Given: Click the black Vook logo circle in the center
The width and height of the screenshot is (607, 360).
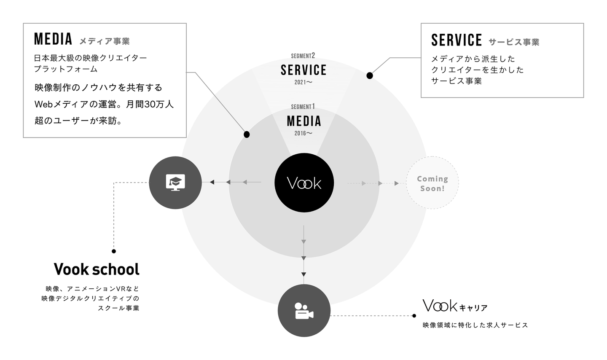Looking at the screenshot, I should tap(304, 183).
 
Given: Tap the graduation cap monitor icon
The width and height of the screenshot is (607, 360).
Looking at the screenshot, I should tap(175, 183).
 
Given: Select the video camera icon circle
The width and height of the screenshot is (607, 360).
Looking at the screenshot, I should tap(304, 311).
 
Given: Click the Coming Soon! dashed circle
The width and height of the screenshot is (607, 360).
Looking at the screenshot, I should tap(432, 183).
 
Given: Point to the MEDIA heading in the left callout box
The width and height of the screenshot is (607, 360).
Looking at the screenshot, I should tap(53, 39).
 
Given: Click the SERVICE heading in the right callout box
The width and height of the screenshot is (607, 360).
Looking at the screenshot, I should tap(457, 40).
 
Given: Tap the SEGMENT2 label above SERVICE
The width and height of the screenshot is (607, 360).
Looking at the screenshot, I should tap(303, 56).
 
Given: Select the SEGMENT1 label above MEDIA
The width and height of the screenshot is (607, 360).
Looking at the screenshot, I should tap(303, 107).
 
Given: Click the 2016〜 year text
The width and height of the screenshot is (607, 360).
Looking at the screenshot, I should tap(303, 133).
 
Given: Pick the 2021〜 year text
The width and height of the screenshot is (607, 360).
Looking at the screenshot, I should tap(303, 82).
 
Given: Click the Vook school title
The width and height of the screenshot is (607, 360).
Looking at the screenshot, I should tap(97, 269).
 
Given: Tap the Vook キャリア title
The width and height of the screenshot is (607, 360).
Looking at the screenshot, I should tap(455, 306).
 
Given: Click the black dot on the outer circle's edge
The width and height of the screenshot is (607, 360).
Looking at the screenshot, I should tap(370, 75).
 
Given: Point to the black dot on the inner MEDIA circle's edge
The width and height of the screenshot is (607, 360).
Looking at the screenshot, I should tap(247, 134).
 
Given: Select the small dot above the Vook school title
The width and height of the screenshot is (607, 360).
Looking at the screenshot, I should tap(114, 251).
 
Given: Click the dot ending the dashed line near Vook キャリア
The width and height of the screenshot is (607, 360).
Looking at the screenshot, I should tap(414, 315).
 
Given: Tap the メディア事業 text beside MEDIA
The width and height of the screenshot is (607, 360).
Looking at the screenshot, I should tap(105, 41).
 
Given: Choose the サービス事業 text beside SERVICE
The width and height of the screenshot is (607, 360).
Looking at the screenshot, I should tap(514, 42).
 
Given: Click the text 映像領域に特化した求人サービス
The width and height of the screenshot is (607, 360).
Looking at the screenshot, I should tap(475, 325).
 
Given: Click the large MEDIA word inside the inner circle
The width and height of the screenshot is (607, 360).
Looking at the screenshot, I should tap(304, 121).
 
